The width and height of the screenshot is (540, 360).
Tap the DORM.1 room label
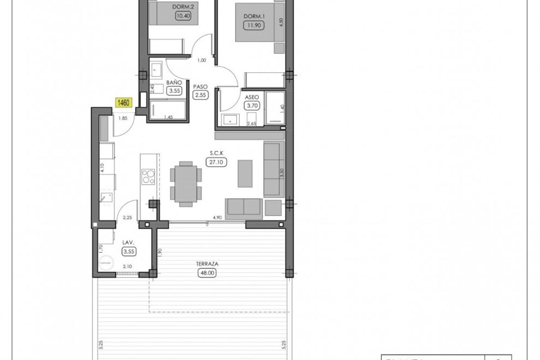[252, 17]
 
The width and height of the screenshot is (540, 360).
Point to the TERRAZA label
[207, 264]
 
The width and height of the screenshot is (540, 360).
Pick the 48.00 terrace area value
[207, 272]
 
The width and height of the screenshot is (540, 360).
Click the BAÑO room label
[174, 83]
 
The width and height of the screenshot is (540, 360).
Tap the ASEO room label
[251, 97]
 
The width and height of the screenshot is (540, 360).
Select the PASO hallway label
[200, 86]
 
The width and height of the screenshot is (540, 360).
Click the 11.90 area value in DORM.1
[252, 25]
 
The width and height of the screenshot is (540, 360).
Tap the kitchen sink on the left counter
[107, 197]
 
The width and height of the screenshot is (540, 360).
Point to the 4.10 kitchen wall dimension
[102, 169]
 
